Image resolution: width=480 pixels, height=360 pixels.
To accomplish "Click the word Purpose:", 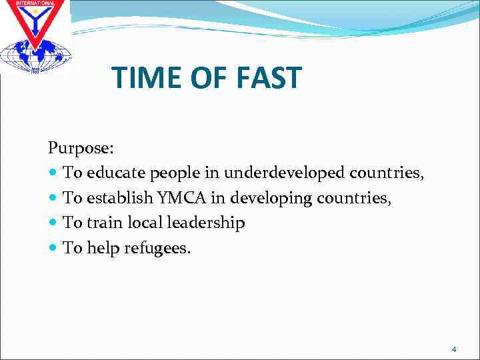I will click(76, 147).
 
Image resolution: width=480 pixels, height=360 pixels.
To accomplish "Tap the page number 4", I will click(454, 349).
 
